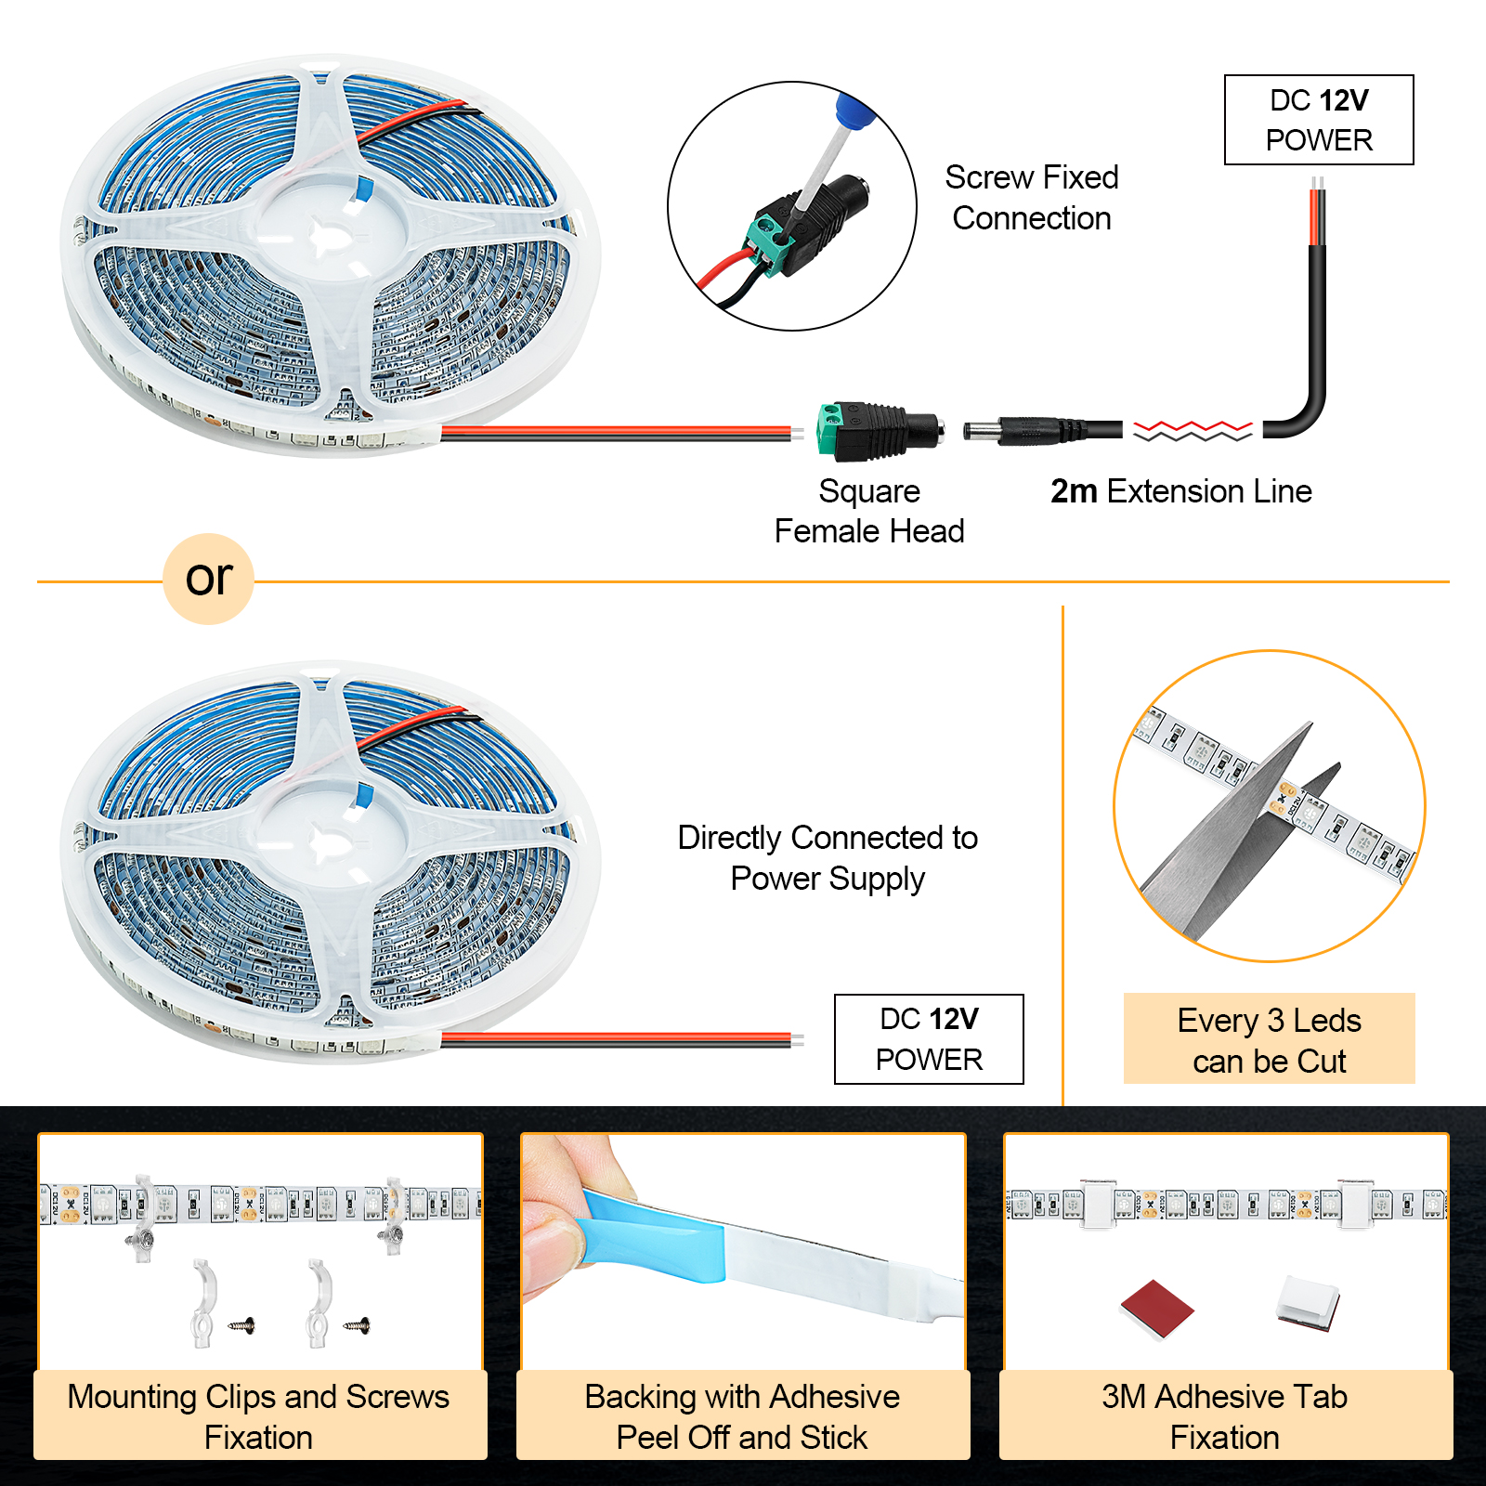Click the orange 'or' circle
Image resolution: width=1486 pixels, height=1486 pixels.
[208, 579]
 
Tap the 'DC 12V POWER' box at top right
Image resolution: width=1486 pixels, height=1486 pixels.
[1319, 120]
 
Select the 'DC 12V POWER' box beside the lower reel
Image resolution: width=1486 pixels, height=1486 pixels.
[929, 1039]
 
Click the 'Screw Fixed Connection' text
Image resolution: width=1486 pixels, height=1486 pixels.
[1031, 197]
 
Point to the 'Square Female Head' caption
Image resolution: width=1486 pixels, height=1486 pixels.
[869, 511]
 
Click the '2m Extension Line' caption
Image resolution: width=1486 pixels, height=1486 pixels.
[1180, 491]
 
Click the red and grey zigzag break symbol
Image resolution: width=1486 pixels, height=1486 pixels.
[1193, 431]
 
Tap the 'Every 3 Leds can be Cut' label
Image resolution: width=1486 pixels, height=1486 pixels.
[1269, 1040]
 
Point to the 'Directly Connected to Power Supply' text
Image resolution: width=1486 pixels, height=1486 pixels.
[828, 857]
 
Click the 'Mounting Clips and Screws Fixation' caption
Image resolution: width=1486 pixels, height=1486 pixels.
[259, 1416]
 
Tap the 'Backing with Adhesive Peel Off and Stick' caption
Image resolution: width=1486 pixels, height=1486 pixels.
[742, 1416]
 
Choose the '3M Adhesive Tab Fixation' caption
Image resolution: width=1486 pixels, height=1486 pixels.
[1224, 1416]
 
